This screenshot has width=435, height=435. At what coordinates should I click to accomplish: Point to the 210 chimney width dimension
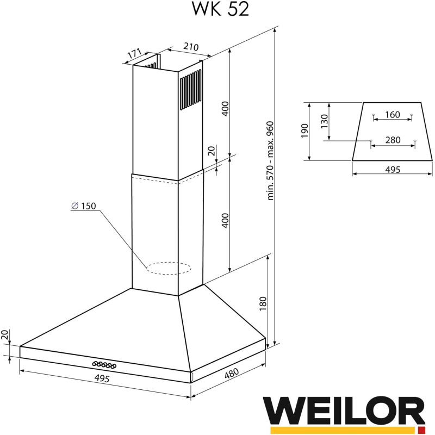[190, 47]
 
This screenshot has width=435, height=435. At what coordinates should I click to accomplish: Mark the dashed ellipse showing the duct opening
[169, 268]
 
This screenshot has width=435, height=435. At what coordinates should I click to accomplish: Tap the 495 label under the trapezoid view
[392, 170]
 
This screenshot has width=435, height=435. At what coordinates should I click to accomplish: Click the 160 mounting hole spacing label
[392, 115]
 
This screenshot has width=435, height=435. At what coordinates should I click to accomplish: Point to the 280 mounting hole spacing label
[392, 140]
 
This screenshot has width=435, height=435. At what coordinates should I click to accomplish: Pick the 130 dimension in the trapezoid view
[325, 121]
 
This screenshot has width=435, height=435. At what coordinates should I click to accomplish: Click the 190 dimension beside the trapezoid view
[304, 131]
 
